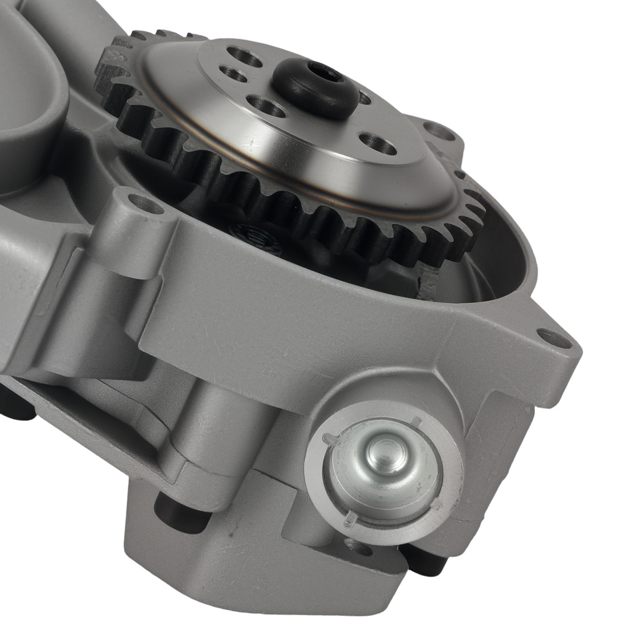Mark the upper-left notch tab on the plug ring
click(331, 439)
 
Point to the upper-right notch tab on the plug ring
click(416, 421)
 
